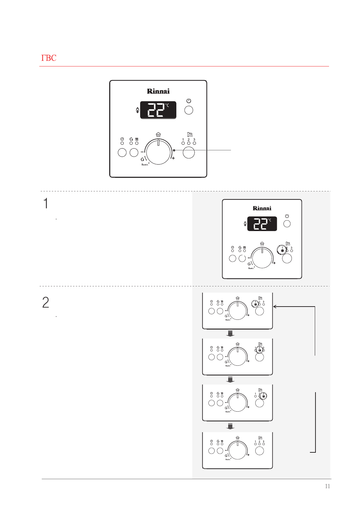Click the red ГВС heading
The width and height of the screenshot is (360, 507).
(49, 58)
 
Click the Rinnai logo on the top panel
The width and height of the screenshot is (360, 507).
(158, 91)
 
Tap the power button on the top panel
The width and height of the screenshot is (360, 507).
(189, 110)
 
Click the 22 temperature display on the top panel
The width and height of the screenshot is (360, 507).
(158, 110)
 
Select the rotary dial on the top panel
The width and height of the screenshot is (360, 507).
(158, 152)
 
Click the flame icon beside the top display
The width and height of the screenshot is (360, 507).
(137, 110)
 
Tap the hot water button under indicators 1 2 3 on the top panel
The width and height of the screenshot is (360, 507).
(189, 152)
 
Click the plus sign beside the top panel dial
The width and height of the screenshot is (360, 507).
(173, 158)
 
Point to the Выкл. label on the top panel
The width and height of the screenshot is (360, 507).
(145, 165)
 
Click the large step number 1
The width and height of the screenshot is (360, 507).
(46, 204)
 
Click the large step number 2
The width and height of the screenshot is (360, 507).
(46, 302)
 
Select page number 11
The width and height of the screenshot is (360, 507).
(327, 486)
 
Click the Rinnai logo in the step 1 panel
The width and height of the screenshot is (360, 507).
(262, 208)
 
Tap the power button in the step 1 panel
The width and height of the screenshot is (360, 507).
(287, 224)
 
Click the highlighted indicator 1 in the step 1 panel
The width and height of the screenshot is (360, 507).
(282, 251)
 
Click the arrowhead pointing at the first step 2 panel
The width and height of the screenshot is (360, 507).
(275, 307)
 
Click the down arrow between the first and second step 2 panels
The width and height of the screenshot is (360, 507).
(230, 334)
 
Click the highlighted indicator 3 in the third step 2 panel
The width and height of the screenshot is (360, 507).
(263, 396)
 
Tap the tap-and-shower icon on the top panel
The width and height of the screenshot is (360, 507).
(190, 134)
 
